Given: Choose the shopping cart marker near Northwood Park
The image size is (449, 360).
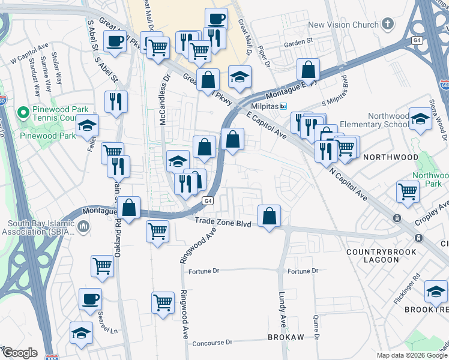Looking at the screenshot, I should tap(408, 192).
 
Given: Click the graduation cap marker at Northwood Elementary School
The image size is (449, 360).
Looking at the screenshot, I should tap(420, 118).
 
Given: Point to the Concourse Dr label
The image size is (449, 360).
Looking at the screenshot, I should tap(212, 343).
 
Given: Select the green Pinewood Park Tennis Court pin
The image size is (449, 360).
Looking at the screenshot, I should tap(23, 112).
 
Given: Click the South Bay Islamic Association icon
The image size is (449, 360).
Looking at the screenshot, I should tap(83, 227).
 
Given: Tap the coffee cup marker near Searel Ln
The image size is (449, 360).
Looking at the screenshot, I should tap(90, 299).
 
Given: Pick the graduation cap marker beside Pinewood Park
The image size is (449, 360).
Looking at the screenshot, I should tap(87, 126).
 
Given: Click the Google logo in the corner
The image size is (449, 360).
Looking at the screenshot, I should tap(19, 353).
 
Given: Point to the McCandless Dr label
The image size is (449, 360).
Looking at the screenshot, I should tap(162, 100).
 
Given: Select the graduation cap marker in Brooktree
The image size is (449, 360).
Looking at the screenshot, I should tap(435, 292).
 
